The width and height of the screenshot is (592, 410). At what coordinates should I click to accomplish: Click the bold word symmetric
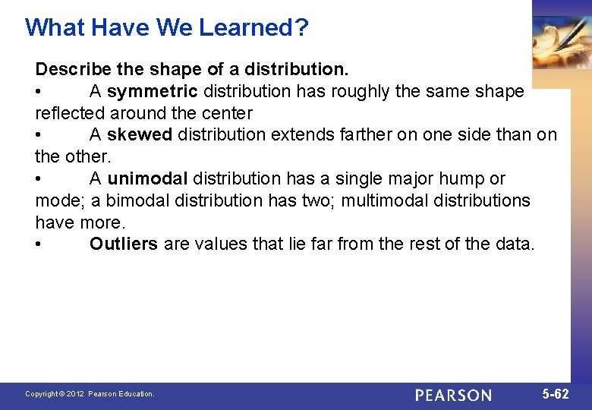(153, 92)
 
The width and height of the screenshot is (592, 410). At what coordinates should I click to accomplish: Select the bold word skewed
(140, 135)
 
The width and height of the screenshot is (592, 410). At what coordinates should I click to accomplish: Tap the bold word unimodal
(147, 179)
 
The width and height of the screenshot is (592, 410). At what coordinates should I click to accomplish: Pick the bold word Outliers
(124, 244)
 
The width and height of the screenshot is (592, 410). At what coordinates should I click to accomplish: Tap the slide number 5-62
(556, 394)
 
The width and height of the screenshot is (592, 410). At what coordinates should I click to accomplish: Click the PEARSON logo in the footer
(453, 395)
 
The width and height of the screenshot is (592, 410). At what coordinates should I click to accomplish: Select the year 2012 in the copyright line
(74, 394)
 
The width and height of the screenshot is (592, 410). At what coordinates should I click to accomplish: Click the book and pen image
(562, 38)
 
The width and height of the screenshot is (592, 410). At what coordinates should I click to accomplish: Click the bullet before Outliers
(39, 244)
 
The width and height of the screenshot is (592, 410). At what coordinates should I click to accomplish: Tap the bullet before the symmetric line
(39, 92)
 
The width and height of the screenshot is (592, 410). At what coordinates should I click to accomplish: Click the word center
(227, 114)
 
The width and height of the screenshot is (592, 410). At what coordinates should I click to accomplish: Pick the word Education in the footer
(135, 394)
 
